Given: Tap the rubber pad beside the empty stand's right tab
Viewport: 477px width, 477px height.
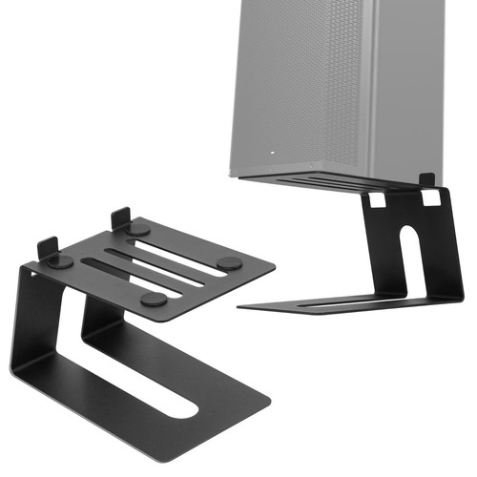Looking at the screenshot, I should (139, 230).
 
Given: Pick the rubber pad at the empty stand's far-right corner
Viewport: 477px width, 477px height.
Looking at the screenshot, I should (228, 262).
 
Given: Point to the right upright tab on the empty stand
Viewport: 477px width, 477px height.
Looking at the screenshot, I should (121, 218).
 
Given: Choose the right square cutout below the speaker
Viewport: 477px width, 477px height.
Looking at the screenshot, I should (431, 197).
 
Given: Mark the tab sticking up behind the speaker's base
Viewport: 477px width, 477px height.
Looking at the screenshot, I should (426, 179).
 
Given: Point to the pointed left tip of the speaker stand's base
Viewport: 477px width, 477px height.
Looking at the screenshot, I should (239, 307).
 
